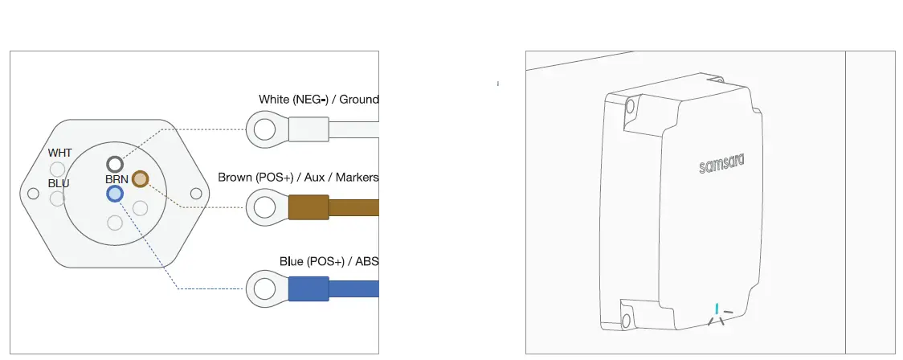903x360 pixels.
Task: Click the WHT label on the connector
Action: pyautogui.click(x=60, y=153)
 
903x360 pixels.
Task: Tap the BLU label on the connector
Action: pyautogui.click(x=59, y=184)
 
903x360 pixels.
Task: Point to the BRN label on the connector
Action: pyautogui.click(x=116, y=180)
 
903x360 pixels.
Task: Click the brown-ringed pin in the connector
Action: pyautogui.click(x=140, y=179)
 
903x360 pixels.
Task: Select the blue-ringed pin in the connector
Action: pyautogui.click(x=115, y=194)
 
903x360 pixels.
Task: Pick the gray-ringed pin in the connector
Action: pyautogui.click(x=115, y=164)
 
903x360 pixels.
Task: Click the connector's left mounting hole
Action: pyautogui.click(x=34, y=194)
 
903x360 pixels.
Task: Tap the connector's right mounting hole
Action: pyautogui.click(x=196, y=194)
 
